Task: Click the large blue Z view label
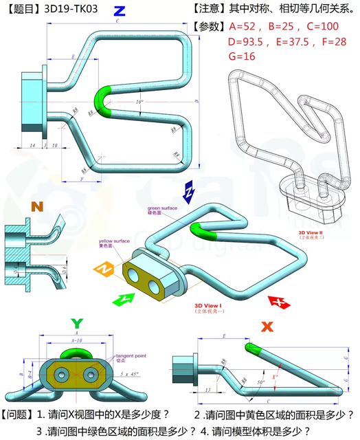(120, 12)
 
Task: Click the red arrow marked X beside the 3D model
(277, 300)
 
